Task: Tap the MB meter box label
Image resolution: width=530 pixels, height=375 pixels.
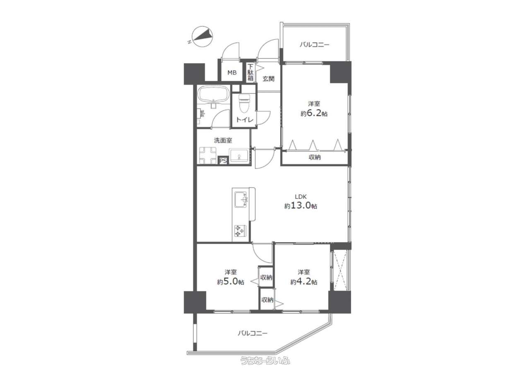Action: [232, 73]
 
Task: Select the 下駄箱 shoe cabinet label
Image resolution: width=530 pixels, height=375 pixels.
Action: [251, 73]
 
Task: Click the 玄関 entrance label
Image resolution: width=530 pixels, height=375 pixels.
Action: [269, 79]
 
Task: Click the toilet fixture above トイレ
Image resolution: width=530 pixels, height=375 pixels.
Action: [244, 104]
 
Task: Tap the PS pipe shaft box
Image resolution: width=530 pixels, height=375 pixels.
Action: [223, 161]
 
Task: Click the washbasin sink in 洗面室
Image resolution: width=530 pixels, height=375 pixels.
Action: [239, 156]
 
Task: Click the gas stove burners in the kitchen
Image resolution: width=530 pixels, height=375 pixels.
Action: [240, 231]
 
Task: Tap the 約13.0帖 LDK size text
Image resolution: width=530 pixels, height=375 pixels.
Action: [301, 206]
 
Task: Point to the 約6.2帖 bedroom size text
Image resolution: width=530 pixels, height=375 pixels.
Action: [314, 114]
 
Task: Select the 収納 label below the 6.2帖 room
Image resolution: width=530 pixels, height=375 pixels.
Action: [314, 157]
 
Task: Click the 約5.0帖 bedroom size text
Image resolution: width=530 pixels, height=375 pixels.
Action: [231, 282]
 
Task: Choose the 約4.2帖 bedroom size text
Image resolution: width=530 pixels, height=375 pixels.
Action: [304, 282]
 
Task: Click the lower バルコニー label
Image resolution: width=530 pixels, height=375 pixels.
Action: [253, 333]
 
